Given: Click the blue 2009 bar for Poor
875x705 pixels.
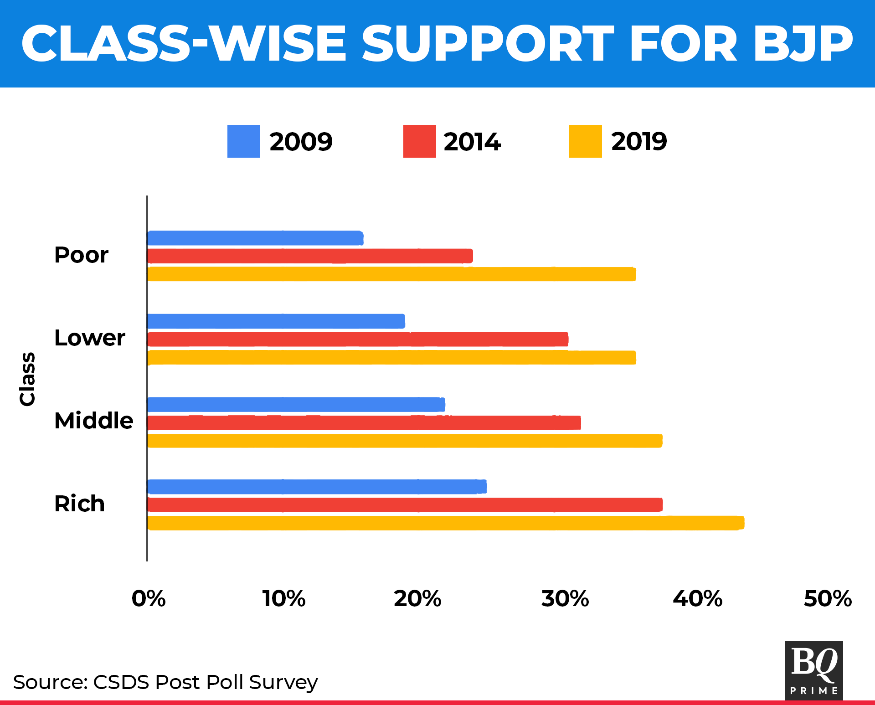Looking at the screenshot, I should click(255, 238).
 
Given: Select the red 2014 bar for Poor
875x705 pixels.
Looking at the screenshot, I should click(310, 256).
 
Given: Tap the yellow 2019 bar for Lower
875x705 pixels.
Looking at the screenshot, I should click(392, 358).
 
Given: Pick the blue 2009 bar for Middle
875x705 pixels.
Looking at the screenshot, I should click(296, 405).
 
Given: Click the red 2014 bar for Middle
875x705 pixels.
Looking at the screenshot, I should click(365, 423).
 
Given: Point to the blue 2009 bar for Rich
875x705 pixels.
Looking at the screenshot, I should click(317, 487).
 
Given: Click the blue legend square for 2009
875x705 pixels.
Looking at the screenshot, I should click(244, 141).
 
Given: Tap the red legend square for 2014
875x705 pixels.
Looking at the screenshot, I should click(419, 141).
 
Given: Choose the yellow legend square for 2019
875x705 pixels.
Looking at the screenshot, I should click(585, 141).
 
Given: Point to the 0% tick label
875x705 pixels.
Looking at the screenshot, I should click(149, 599).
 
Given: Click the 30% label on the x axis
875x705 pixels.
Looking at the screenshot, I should click(565, 599).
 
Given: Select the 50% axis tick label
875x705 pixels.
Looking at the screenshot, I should click(828, 599).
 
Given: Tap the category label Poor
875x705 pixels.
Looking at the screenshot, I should click(82, 255).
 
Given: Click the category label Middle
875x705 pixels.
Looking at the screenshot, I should click(94, 421).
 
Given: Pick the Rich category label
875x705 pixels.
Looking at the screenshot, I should click(80, 504).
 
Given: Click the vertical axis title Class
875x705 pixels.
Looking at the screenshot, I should click(27, 379).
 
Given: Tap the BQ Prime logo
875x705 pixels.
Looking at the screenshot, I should click(813, 670).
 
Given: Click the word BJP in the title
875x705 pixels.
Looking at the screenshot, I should click(803, 44).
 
